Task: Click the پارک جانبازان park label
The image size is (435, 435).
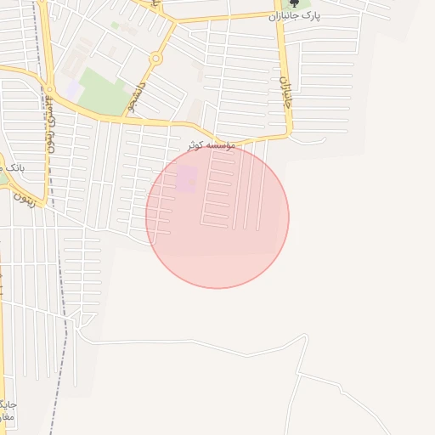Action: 294,15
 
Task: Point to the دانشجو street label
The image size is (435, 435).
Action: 135,94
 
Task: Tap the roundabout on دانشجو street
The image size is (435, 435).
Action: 155,59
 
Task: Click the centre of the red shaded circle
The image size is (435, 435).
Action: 217,217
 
